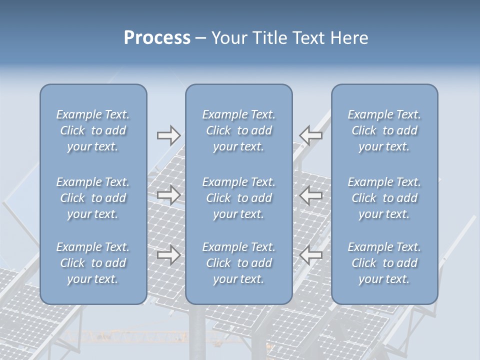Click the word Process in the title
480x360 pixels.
click(157, 38)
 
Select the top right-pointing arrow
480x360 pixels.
click(168, 135)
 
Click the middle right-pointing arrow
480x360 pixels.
click(168, 195)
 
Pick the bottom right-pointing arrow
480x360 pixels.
click(168, 255)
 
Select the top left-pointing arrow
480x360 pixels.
click(311, 135)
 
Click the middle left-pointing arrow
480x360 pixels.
click(311, 195)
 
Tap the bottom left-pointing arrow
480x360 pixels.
click(311, 255)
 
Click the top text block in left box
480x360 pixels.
click(93, 130)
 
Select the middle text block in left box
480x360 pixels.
click(93, 198)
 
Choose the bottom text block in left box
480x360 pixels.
click(93, 263)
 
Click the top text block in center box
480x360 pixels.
click(238, 130)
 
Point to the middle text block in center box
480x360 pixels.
click(238, 198)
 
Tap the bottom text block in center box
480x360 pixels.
click(238, 263)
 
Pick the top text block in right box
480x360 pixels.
click(384, 130)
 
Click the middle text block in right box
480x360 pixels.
click(384, 198)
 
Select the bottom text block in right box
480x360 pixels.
click(384, 263)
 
